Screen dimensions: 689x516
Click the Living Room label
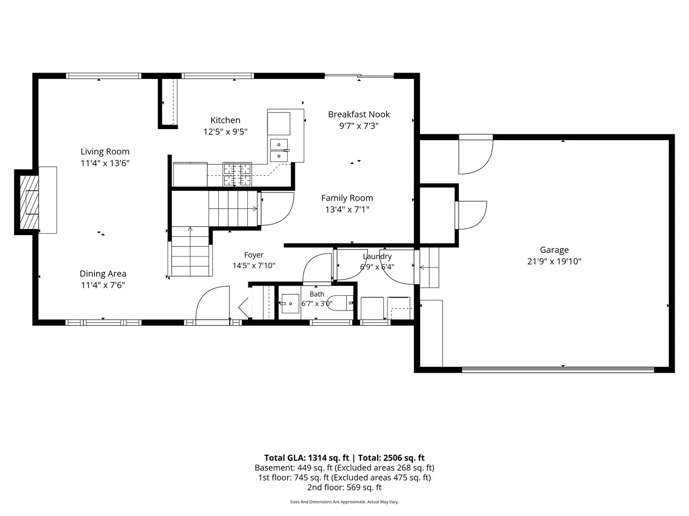coord(105,151)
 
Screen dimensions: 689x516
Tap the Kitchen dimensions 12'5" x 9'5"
coord(225,131)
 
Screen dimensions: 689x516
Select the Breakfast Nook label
coord(359,114)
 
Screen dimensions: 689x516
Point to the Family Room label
coord(347,198)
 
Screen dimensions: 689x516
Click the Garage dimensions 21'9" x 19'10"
coord(555,261)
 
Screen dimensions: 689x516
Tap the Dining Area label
coord(103,274)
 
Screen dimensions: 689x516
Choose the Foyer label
coord(254,255)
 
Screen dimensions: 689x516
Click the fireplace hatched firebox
coord(29,202)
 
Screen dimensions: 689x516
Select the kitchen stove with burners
coord(237,174)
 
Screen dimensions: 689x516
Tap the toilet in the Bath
coord(340,303)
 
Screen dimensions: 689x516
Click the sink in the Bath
coord(290,303)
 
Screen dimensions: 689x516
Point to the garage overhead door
coord(558,370)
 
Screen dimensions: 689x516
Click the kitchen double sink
coord(279,150)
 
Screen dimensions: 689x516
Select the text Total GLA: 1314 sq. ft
coord(306,458)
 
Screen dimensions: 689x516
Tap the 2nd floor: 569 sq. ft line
coord(344,487)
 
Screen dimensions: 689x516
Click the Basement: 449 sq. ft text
coord(294,468)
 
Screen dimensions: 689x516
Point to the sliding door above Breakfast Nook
coord(359,75)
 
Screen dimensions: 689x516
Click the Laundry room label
coord(377,256)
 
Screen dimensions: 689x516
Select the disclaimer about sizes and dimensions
coord(344,502)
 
